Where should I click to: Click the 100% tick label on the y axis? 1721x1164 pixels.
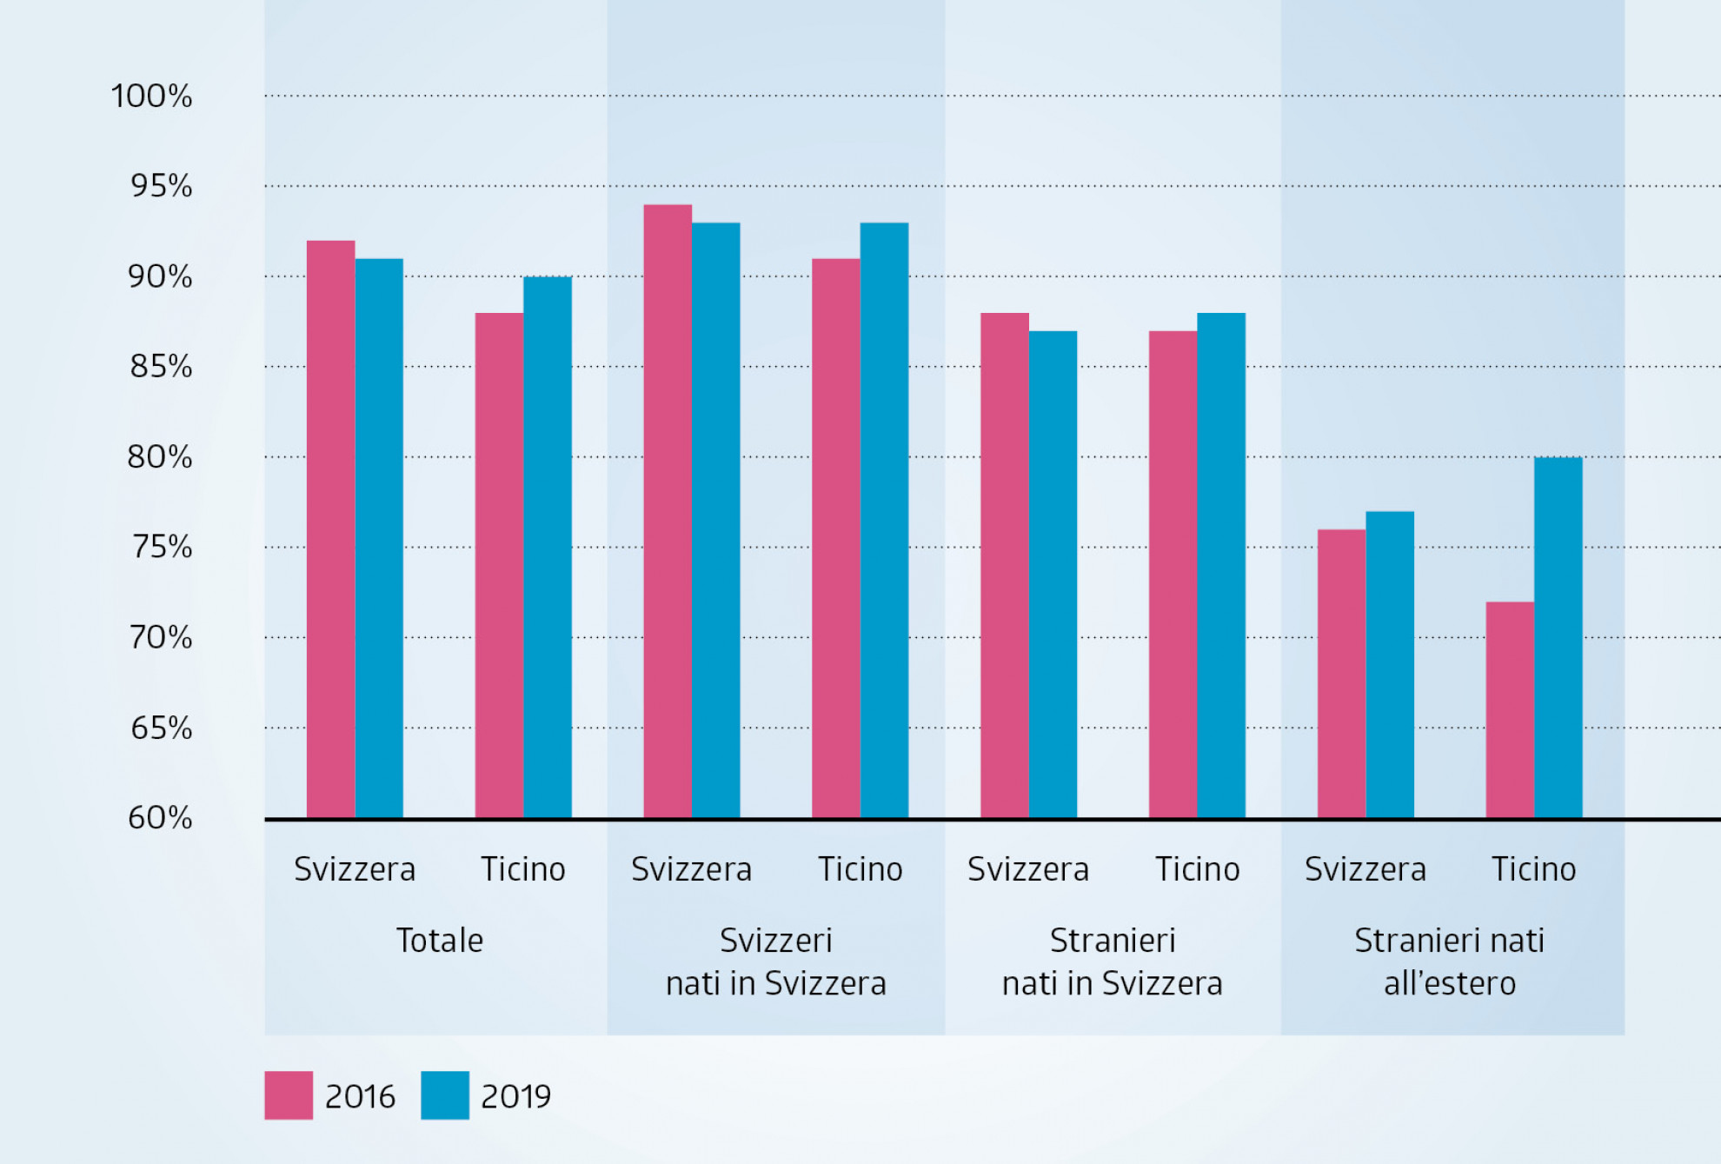151,96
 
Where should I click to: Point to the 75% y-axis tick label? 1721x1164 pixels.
161,547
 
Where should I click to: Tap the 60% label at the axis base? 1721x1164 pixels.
160,817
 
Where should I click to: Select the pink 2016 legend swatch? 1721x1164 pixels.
289,1095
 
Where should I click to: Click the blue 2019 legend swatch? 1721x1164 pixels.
445,1095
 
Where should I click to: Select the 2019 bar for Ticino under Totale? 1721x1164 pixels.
548,548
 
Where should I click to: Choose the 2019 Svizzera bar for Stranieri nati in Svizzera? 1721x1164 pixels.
1053,574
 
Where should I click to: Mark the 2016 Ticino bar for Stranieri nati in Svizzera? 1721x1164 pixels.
1173,574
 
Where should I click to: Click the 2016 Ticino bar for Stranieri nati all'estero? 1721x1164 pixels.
1510,709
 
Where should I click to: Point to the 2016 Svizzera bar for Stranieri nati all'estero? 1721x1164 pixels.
1341,674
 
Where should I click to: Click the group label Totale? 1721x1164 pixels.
440,941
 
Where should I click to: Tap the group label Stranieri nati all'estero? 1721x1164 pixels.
1450,961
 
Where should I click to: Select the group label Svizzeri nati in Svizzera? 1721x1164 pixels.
776,961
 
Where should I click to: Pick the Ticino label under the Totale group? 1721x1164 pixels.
523,869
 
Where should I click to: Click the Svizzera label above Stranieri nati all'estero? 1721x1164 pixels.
1366,869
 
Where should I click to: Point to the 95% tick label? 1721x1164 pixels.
161,186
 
